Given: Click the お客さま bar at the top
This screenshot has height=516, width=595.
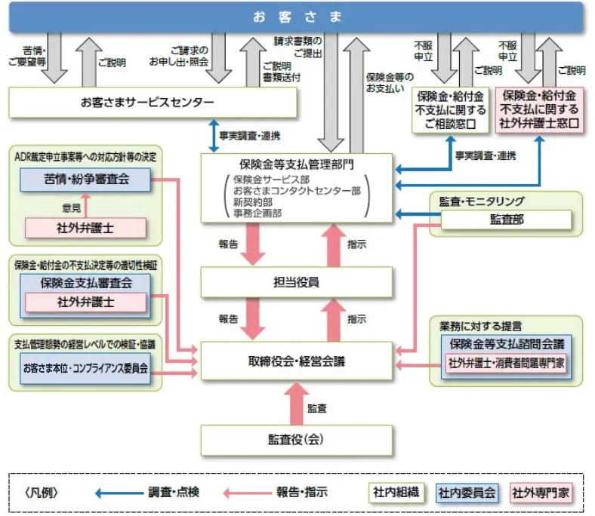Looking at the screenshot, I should pos(297,17).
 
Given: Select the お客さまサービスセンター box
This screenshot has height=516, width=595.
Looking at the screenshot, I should pos(147,102).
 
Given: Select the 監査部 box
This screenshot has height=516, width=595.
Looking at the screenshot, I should pos(505,220).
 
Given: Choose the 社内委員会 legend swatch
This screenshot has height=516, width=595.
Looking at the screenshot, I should pos(467,493).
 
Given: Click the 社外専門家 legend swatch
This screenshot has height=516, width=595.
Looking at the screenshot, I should pos(541,493).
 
